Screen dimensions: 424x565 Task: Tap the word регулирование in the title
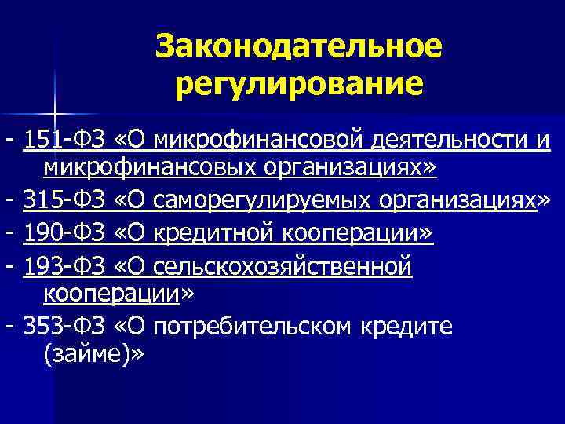[x=299, y=82]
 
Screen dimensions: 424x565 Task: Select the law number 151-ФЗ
[x=65, y=140]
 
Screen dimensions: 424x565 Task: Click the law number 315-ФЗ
[x=65, y=201]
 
